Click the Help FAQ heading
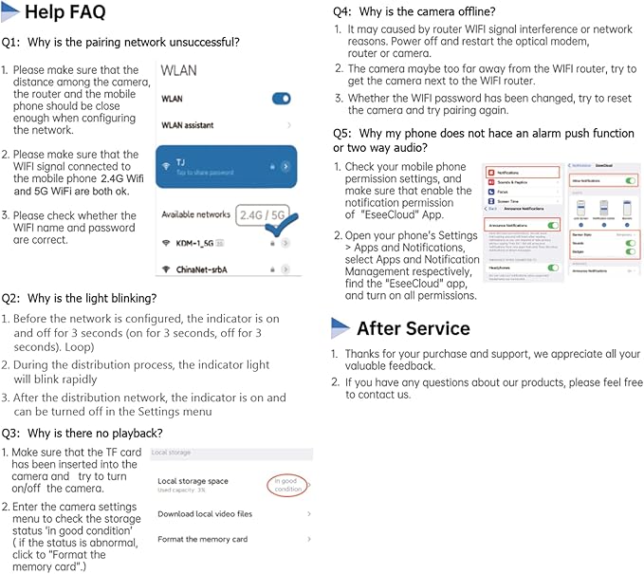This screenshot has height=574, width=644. [x=64, y=12]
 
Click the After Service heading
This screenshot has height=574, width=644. [x=413, y=328]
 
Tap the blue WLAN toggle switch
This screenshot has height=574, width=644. [x=281, y=99]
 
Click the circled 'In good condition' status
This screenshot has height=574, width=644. [x=288, y=485]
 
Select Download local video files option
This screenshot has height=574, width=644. [x=205, y=513]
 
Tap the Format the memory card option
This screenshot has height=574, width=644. [x=203, y=539]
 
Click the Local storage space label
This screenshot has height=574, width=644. [x=193, y=481]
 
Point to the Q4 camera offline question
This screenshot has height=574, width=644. [x=414, y=11]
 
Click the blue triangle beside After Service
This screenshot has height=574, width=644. [x=340, y=328]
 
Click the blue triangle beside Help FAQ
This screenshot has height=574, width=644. [x=10, y=12]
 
